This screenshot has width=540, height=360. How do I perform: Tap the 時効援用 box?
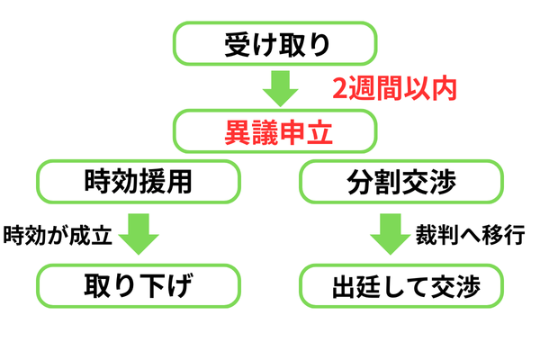(138, 182)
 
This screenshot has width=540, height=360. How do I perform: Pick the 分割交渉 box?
(401, 182)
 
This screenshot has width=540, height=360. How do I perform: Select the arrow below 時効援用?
(138, 234)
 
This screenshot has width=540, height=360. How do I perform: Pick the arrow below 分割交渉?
(391, 234)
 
